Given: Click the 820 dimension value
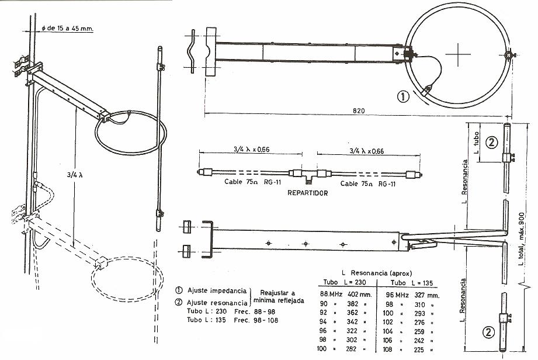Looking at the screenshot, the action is click(359, 110).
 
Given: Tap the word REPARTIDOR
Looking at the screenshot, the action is click(307, 193).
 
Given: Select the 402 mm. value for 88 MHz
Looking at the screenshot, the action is click(359, 295).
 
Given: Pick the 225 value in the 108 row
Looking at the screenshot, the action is click(419, 349).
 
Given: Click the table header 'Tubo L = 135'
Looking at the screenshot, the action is click(412, 283).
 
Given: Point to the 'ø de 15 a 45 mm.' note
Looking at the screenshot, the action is click(67, 28).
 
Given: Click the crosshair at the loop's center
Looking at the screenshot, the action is click(458, 54).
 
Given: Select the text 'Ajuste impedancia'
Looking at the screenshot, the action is click(217, 290).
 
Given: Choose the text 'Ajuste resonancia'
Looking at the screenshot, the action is click(217, 303).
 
